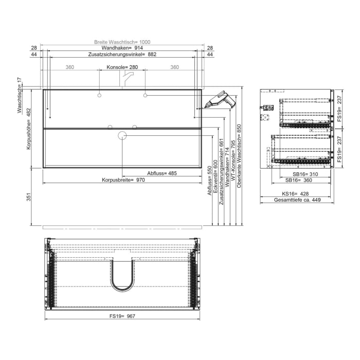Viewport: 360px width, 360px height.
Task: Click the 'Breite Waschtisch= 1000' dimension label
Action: pyautogui.click(x=122, y=42)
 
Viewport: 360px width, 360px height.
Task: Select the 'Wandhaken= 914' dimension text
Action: pyautogui.click(x=122, y=48)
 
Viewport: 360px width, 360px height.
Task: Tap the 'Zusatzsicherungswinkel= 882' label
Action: pyautogui.click(x=122, y=54)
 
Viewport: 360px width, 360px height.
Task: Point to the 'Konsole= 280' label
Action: pyautogui.click(x=122, y=67)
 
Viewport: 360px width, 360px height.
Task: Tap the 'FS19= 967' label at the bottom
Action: pyautogui.click(x=122, y=317)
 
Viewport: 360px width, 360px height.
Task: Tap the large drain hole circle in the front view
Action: pyautogui.click(x=122, y=136)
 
